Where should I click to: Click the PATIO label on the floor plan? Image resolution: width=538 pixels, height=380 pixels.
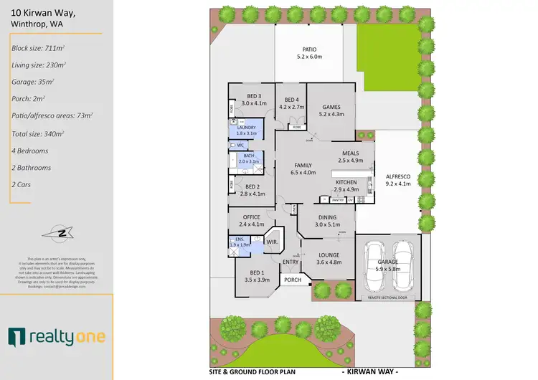pos(310,49)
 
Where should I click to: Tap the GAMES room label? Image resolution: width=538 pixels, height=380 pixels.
pos(331,107)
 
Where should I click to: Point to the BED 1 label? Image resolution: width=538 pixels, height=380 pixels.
pos(255,272)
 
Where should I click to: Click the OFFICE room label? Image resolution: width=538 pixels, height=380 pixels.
pos(251,217)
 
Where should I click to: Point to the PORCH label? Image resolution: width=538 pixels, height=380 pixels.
pos(293,280)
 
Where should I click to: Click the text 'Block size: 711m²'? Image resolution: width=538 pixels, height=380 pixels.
pos(37,48)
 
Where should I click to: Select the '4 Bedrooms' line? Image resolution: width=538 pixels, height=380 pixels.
pos(30,151)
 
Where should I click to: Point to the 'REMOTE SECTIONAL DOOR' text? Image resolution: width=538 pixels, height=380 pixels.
pos(387,296)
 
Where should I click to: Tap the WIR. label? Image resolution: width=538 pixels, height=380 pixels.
pos(272,242)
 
